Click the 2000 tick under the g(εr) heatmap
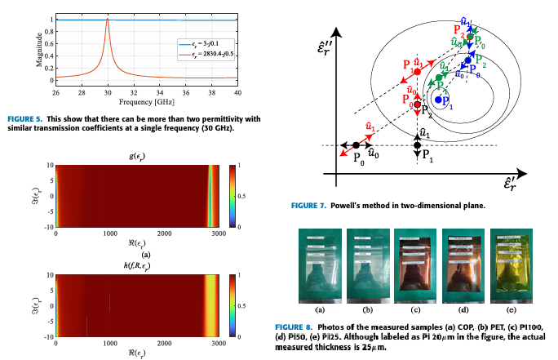point(164,234)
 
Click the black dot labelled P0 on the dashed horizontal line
point(356,145)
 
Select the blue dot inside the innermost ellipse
point(438,99)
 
